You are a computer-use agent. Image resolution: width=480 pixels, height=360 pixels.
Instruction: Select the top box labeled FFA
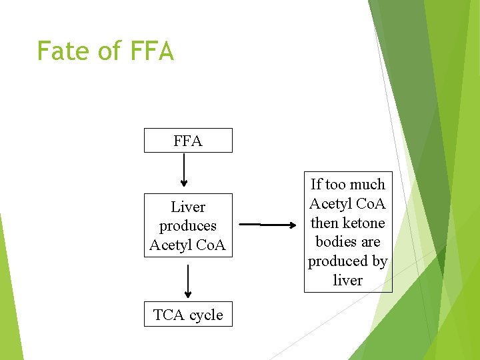(188, 141)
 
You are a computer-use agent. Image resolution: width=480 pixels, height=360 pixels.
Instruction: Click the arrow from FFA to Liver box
(185, 171)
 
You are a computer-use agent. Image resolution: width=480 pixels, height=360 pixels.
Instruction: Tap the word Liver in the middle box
(188, 207)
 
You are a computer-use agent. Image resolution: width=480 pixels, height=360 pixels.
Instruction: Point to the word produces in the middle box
(188, 226)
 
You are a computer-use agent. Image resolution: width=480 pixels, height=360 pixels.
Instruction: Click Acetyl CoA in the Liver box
(188, 245)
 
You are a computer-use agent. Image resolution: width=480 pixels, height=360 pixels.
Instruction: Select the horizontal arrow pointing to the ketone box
(267, 225)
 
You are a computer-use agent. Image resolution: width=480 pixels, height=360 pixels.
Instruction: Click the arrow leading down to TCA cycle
(188, 281)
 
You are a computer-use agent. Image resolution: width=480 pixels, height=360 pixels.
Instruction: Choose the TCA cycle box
(188, 315)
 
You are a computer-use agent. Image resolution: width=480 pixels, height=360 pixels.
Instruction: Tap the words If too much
(348, 185)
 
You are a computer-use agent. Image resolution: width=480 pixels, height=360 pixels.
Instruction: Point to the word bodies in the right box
(348, 241)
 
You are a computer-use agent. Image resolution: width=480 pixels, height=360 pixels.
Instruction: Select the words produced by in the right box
(348, 261)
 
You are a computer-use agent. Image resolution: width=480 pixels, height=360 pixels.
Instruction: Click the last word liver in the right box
(348, 280)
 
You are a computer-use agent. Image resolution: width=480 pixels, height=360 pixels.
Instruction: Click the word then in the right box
(324, 223)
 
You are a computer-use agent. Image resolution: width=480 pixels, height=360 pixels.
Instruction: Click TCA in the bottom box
(166, 315)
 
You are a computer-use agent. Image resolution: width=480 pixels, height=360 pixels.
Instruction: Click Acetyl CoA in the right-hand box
(348, 203)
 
